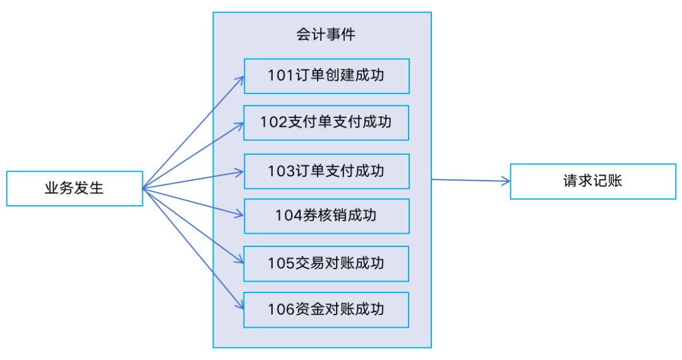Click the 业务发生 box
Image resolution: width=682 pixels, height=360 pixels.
click(75, 188)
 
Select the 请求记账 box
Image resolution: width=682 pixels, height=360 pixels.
click(592, 181)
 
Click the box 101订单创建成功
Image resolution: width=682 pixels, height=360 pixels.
click(326, 76)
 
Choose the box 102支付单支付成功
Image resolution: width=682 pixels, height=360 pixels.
click(326, 123)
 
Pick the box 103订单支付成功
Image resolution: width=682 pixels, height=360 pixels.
click(326, 171)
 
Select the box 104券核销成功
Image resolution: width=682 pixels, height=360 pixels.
click(326, 216)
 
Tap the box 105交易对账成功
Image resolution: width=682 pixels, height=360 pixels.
click(326, 263)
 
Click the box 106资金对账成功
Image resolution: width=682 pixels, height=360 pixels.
click(326, 309)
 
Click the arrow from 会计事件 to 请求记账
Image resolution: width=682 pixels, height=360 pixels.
click(470, 181)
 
